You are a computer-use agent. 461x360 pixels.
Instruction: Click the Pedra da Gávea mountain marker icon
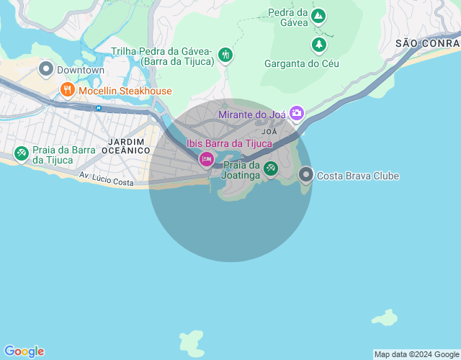[318, 16]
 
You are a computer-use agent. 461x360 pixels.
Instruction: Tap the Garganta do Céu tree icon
[318, 45]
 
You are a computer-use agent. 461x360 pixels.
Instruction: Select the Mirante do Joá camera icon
[296, 113]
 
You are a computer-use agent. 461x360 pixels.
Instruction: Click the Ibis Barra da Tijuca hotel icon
[207, 158]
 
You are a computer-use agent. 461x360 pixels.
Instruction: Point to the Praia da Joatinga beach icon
[270, 168]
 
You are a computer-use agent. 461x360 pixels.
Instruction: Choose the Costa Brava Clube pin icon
[306, 175]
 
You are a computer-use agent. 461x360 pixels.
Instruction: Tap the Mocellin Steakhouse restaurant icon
[67, 90]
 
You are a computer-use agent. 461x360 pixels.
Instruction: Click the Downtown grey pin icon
[46, 70]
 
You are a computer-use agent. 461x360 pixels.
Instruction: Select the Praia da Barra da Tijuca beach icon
[22, 153]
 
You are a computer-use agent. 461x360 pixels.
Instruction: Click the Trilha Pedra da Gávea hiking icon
[225, 55]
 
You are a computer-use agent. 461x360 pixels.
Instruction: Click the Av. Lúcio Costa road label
[107, 179]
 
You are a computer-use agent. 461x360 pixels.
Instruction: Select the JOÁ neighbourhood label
[269, 132]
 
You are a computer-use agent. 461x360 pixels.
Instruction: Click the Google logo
[23, 351]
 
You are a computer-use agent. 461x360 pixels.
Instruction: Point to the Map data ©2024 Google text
[416, 354]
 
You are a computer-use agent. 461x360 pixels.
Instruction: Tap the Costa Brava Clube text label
[358, 176]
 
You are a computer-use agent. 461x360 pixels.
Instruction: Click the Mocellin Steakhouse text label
[125, 91]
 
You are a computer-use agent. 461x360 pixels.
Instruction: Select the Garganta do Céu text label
[302, 63]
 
